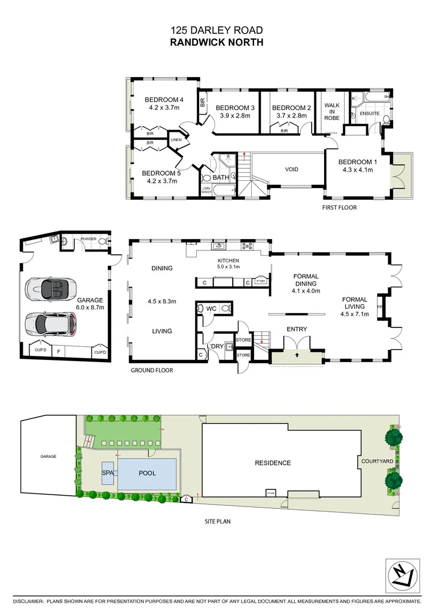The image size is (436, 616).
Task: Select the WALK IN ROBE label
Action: point(332,111)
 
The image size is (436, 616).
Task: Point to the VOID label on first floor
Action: point(292,169)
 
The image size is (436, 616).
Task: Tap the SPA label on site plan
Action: point(107,473)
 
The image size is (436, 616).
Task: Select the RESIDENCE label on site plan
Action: point(272,463)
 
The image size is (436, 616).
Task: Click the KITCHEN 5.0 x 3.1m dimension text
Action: point(229,266)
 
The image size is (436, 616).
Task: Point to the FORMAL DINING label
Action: point(305,280)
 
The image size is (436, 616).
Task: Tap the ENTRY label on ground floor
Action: point(297,329)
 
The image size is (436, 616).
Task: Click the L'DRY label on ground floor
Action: point(216,346)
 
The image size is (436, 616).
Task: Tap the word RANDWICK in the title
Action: point(196,42)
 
